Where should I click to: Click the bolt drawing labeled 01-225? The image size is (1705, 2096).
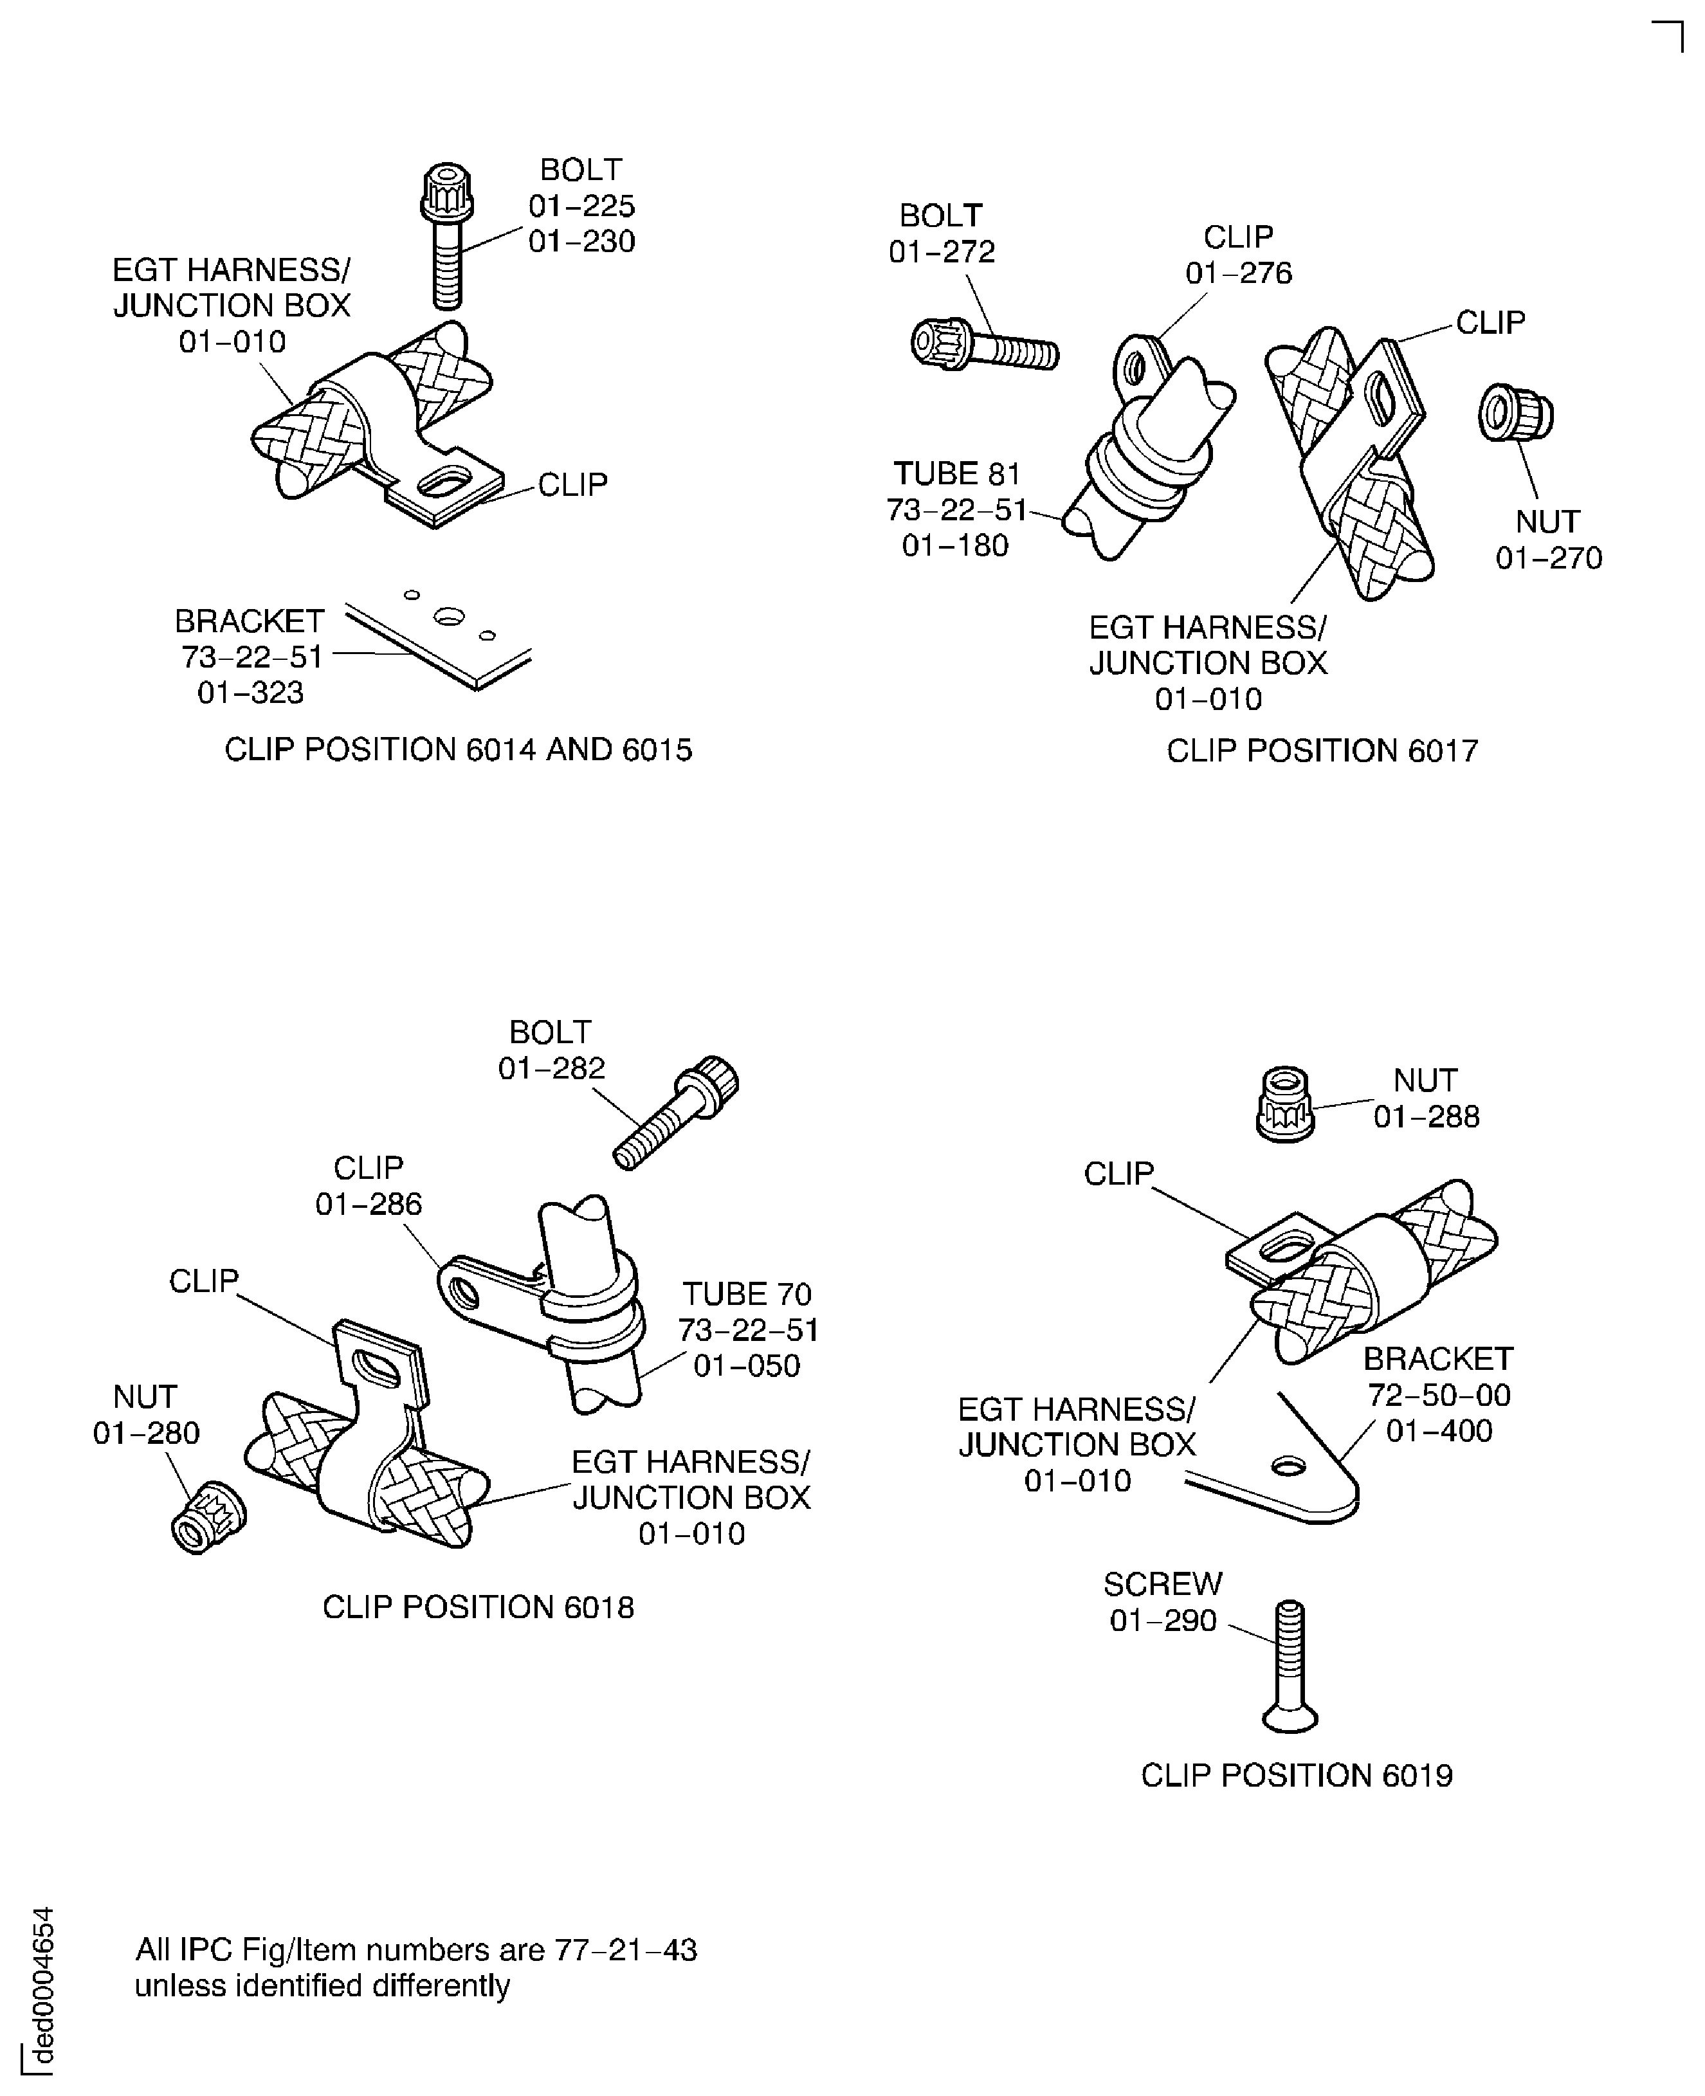[447, 236]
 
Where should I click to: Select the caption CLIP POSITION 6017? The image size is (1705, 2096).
[1321, 751]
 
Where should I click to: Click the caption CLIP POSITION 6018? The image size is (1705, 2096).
[479, 1608]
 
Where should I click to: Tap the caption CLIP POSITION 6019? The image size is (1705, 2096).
[1297, 1776]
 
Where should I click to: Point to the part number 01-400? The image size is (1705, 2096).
[1439, 1431]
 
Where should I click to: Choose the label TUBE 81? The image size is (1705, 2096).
[956, 475]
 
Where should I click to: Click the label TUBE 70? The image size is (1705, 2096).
[747, 1295]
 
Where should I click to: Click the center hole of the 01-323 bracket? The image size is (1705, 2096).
[449, 617]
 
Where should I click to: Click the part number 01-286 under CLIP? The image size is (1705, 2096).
[369, 1204]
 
